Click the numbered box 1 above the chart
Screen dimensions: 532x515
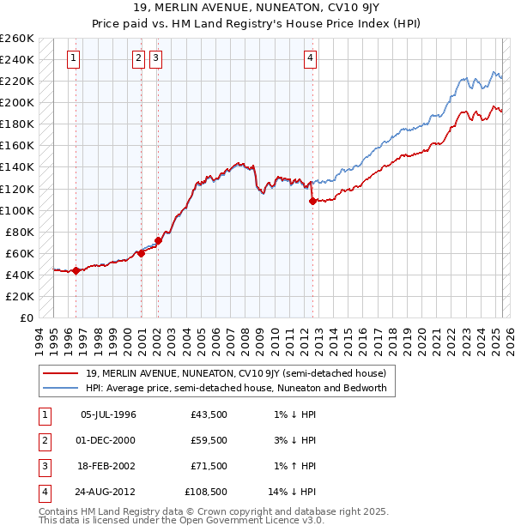[74, 58]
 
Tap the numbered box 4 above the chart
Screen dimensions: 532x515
[310, 58]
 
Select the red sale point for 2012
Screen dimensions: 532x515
[312, 201]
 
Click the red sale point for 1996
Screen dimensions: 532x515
[76, 271]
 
